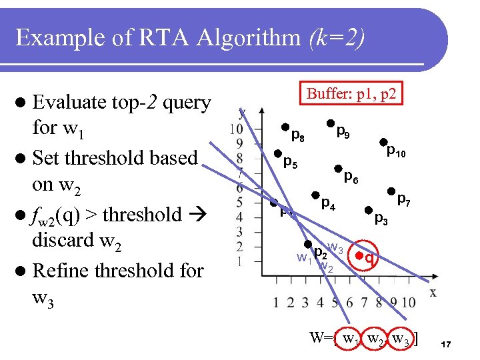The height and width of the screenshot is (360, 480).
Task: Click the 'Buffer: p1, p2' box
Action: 351,94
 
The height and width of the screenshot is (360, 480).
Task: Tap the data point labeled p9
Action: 330,123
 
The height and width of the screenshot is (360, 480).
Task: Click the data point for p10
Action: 383,141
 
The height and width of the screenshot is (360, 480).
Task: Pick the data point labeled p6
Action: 338,169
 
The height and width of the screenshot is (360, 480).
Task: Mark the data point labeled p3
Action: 369,209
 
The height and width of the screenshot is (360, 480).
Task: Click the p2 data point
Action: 308,245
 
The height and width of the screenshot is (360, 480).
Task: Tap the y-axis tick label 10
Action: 235,128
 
